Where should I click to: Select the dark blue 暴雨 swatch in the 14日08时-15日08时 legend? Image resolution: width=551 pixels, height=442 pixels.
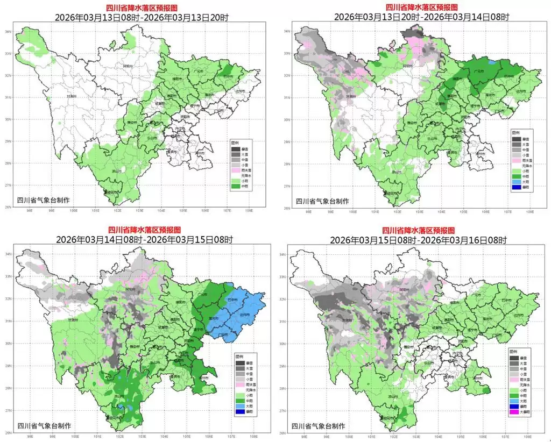point(241,412)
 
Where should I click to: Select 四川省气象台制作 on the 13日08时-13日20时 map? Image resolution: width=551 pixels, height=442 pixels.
point(43,201)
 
